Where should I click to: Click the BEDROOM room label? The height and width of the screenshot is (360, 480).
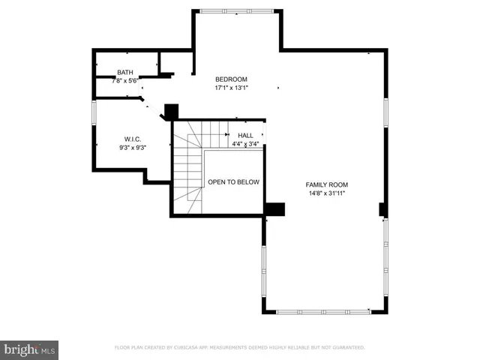231,79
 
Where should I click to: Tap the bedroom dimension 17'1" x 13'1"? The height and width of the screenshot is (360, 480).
231,88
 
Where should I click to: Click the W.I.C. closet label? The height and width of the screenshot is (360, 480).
133,139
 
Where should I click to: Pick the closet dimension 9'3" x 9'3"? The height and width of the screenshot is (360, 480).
133,148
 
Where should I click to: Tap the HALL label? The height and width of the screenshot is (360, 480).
245,135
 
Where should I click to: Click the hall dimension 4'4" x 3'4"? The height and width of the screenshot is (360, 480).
245,143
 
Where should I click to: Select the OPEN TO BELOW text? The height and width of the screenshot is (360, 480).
233,182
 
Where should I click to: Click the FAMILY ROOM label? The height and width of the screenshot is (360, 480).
326,184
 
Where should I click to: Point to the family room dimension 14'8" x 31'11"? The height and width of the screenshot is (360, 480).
326,193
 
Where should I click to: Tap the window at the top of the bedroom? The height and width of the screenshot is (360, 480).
237,11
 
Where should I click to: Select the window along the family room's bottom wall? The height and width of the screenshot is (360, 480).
324,311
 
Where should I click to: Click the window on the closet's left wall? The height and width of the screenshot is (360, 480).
93,112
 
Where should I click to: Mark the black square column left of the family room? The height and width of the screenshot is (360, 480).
275,209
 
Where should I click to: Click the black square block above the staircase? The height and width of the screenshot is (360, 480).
171,111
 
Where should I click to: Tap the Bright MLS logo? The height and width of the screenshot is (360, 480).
30,349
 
